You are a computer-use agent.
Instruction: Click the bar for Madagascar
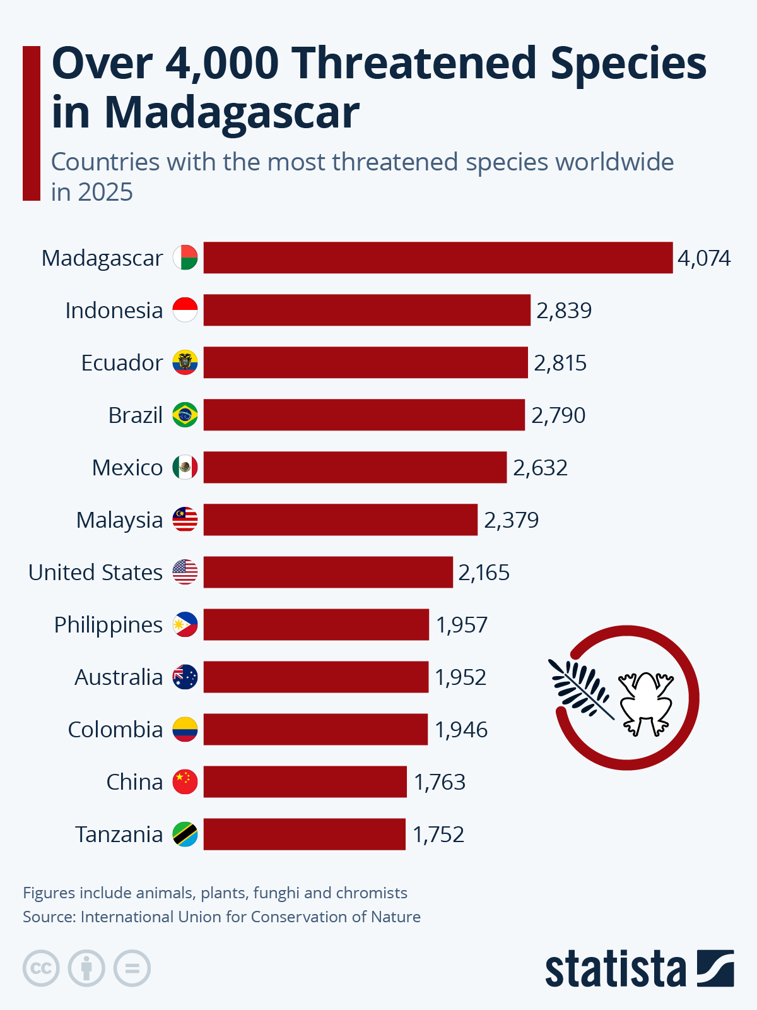coord(438,258)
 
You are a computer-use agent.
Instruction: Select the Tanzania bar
coord(304,834)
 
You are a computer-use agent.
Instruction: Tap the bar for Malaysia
coord(340,520)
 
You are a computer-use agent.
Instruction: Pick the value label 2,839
coord(564,311)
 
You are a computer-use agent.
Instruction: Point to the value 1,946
coord(461,730)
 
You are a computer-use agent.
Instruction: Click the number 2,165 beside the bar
coord(484,573)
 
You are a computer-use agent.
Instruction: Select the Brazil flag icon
coord(185,415)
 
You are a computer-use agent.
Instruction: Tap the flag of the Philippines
coord(185,624)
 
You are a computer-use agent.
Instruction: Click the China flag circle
coord(185,781)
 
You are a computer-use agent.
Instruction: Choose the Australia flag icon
coord(185,677)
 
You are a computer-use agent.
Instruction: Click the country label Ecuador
coord(122,363)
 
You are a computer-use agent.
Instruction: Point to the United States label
coord(95,573)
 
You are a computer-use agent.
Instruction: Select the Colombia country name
coord(115,730)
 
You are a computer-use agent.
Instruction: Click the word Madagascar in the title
coord(232,113)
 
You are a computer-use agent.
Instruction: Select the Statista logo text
coord(615,968)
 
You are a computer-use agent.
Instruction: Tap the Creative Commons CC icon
coord(41,968)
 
